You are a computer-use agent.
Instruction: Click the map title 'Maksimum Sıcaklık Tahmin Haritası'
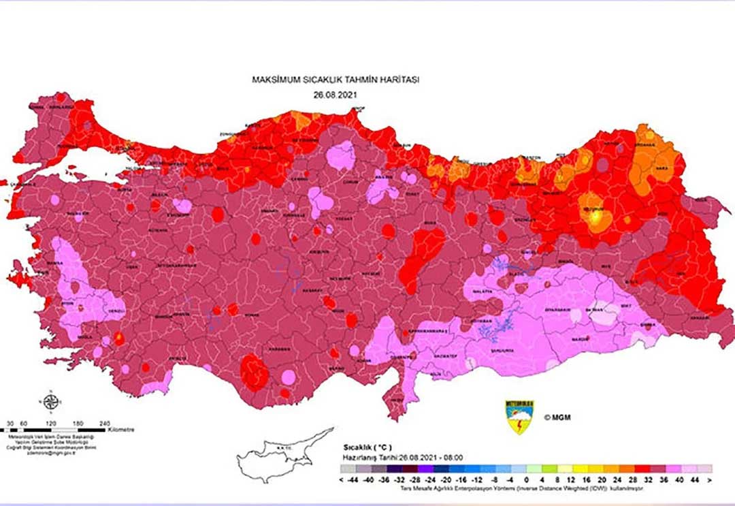point(336,80)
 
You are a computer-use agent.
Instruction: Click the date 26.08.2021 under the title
point(335,95)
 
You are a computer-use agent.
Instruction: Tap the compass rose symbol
point(50,402)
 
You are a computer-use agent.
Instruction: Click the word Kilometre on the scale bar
point(121,430)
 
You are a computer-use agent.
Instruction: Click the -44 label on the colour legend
point(352,479)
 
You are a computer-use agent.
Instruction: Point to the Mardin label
point(579,338)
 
